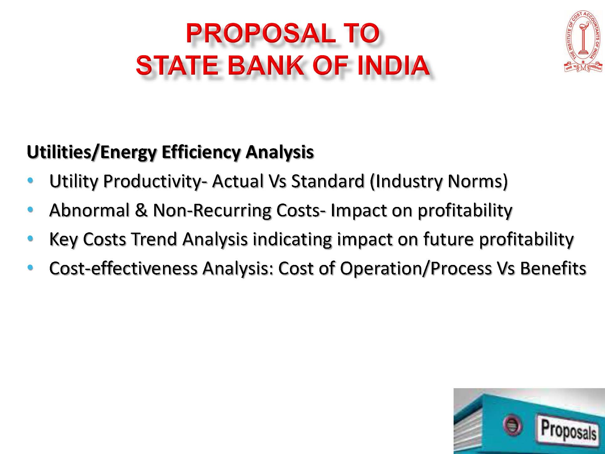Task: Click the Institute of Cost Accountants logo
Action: (x=583, y=42)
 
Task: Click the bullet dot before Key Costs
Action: (x=30, y=238)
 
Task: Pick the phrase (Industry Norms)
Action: (x=439, y=182)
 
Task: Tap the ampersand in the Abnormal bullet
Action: (x=141, y=210)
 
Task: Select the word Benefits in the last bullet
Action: (x=553, y=268)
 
